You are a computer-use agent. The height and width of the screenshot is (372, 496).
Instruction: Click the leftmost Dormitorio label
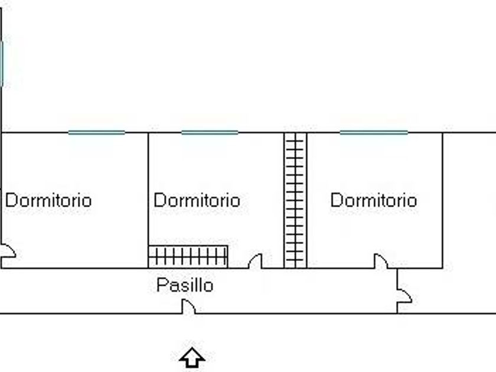(48, 200)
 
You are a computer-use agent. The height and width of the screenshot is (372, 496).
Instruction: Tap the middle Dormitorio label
(197, 201)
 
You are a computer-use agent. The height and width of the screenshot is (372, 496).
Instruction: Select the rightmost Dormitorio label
(373, 200)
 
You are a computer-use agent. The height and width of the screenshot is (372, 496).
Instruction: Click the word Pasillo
(185, 285)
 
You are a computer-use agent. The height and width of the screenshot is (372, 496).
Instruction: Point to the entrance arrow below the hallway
(192, 357)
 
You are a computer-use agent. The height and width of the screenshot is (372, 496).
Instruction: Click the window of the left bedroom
(97, 132)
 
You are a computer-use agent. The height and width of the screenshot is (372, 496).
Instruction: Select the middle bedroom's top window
(210, 132)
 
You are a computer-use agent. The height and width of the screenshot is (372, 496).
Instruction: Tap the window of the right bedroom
(374, 132)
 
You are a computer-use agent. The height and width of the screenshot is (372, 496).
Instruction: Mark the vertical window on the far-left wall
(2, 62)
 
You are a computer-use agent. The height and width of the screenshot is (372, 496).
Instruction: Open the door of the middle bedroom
(255, 261)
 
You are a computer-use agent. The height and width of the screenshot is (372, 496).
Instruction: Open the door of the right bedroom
(381, 261)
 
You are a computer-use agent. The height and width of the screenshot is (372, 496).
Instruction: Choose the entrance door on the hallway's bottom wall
(188, 307)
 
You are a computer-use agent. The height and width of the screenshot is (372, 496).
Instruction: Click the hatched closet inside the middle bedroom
(188, 256)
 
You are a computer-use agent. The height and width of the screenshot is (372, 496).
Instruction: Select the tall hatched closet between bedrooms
(295, 200)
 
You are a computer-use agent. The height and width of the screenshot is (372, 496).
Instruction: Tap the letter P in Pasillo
(161, 285)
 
